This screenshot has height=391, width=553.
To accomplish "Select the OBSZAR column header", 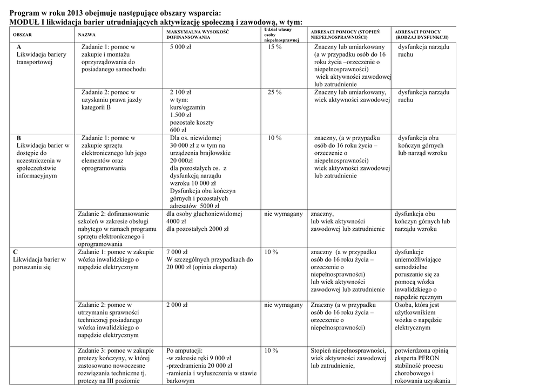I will tap(22, 35).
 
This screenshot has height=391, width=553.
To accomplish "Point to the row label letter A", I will tap(19, 47).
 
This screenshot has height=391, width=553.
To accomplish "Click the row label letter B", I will tap(19, 138).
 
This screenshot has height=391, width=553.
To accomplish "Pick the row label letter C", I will tap(16, 252).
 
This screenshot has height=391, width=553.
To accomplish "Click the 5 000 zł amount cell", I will tap(180, 47).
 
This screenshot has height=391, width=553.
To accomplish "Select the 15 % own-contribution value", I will tap(274, 47).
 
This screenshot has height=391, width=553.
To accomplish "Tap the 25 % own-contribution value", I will tap(274, 92).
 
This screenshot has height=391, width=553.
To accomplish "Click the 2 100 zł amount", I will tap(181, 92).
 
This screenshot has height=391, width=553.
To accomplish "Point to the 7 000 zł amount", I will tap(177, 252).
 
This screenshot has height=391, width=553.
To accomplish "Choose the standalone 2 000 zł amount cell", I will tap(177, 305).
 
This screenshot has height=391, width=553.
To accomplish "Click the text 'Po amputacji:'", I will tap(185, 350).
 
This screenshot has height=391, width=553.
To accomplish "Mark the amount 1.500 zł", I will tap(181, 115).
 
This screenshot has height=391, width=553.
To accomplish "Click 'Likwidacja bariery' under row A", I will tap(41, 54).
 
